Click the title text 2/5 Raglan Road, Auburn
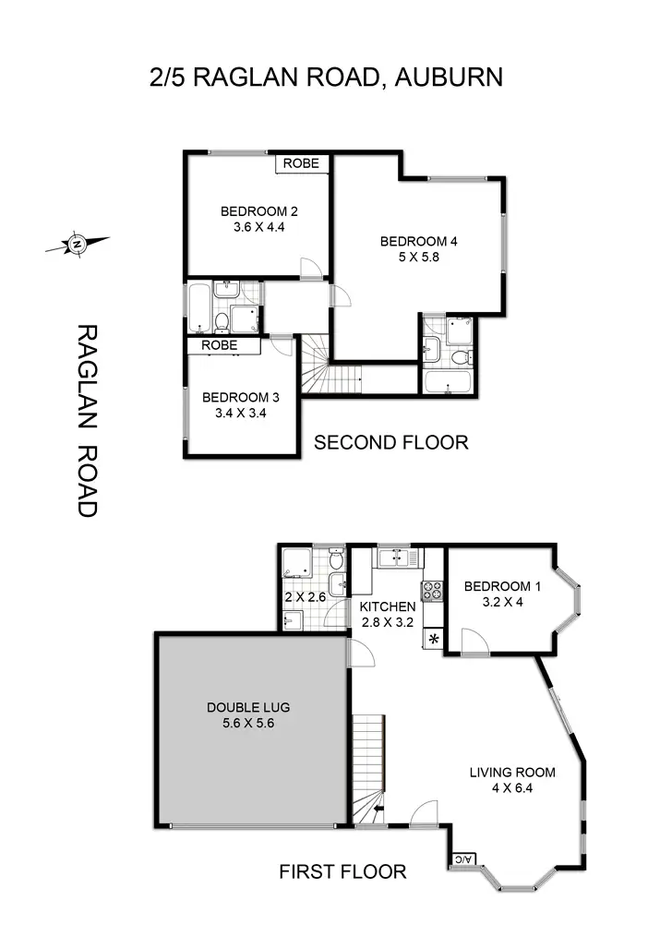327,77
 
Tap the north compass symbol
77,245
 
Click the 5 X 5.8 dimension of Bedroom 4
418,258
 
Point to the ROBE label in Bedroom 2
301,163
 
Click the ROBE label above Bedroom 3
219,345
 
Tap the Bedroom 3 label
240,398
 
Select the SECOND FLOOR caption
390,443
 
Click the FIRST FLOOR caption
342,871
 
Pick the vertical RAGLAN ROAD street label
86,420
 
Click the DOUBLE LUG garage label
247,708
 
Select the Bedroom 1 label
503,586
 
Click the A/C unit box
462,860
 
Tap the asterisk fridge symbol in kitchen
432,640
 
